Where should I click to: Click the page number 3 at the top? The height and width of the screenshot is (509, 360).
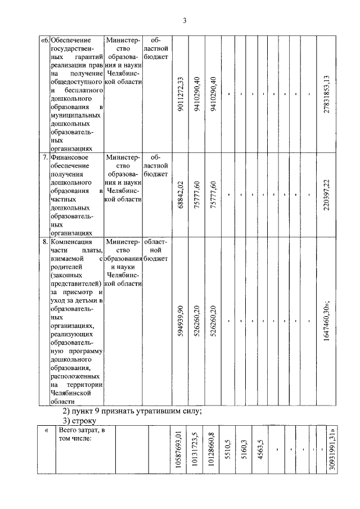(x=183, y=21)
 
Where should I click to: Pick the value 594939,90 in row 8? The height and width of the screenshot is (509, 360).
(x=181, y=321)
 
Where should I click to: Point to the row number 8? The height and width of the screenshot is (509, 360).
(x=45, y=242)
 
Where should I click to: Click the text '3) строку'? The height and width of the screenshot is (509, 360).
(x=81, y=421)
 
